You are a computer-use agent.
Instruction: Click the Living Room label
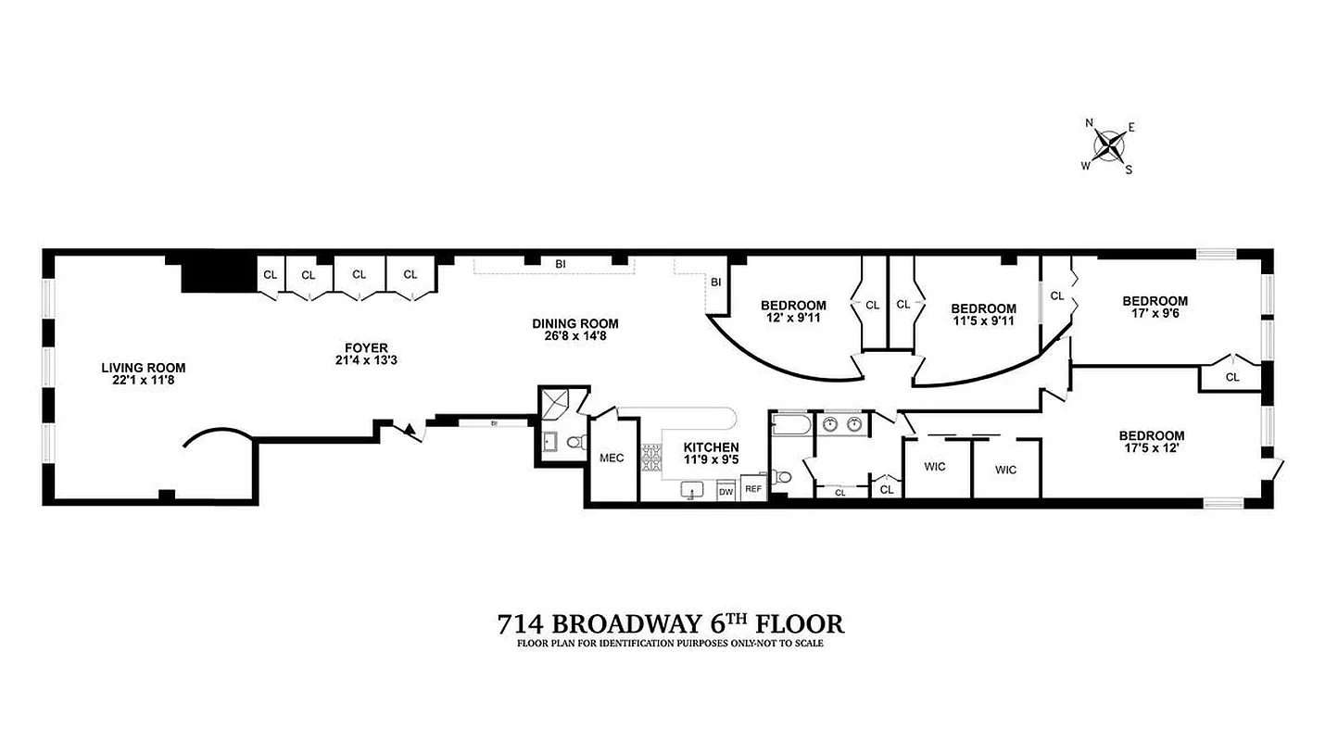[144, 368]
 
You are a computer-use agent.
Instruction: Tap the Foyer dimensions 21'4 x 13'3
[360, 360]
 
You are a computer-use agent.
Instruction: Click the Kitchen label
[711, 447]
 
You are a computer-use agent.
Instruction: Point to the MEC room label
[612, 458]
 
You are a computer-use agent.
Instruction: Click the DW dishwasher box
[726, 492]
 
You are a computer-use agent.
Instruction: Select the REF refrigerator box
[753, 490]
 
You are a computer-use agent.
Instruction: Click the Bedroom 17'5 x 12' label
[1151, 436]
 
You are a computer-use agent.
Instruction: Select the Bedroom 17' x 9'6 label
[1155, 301]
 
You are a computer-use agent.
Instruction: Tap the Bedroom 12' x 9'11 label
[793, 306]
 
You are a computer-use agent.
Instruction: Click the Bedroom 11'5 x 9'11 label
[983, 308]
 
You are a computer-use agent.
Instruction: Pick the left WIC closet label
[935, 466]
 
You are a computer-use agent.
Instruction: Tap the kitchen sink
[690, 489]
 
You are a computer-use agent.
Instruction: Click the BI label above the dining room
[561, 264]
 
